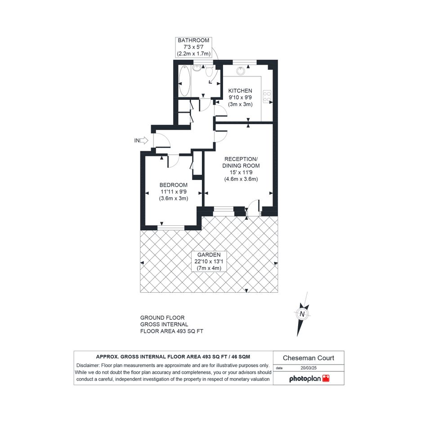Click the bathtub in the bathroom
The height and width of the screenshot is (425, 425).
(x=184, y=81)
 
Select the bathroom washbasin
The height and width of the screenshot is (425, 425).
(x=197, y=68)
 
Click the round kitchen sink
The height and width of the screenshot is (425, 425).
(x=240, y=71)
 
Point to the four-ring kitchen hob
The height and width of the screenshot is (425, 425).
(x=267, y=97)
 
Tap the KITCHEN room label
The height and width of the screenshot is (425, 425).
(x=240, y=91)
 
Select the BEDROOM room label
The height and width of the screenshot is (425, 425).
(x=174, y=185)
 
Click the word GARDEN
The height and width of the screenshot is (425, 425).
(x=209, y=255)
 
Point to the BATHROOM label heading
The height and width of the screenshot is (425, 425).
(x=193, y=40)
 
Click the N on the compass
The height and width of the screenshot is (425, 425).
(x=302, y=314)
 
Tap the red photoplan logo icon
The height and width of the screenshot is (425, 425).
(x=326, y=378)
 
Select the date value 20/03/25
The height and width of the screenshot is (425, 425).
(x=309, y=368)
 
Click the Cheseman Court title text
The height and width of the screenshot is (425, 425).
(x=309, y=358)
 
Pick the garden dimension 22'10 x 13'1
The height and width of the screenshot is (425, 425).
(x=209, y=262)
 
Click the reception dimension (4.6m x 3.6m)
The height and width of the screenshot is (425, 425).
(x=241, y=179)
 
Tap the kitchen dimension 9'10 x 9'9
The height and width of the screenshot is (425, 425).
(x=240, y=97)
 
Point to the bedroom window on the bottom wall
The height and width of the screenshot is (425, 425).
(x=171, y=228)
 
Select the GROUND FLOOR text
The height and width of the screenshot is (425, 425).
(x=162, y=318)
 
